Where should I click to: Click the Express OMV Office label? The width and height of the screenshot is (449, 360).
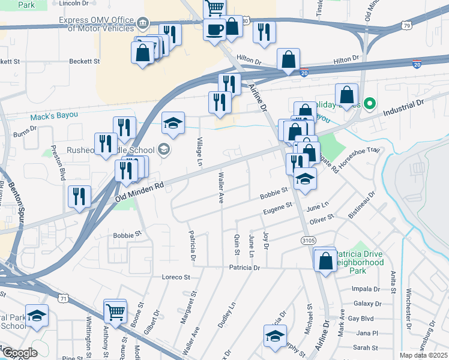coord(96,24)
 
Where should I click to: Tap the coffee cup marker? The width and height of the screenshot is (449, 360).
coord(214,29)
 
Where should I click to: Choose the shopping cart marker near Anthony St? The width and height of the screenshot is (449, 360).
coord(115,311)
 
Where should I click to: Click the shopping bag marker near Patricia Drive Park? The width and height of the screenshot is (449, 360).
coord(325,261)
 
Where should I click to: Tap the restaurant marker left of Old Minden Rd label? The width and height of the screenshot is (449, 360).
coord(79,196)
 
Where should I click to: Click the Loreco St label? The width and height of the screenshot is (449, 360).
coord(175,277)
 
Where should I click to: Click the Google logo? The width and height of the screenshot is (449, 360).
coord(19,353)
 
